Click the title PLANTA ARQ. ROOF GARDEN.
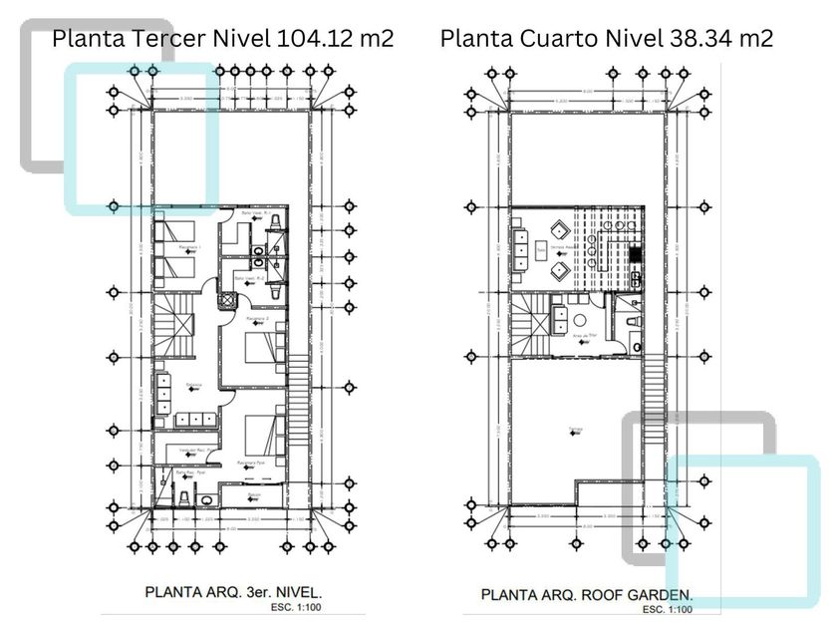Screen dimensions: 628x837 pyautogui.click(x=587, y=594)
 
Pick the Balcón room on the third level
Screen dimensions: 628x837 pyautogui.click(x=257, y=495)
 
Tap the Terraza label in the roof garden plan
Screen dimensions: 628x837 pyautogui.click(x=575, y=430)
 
